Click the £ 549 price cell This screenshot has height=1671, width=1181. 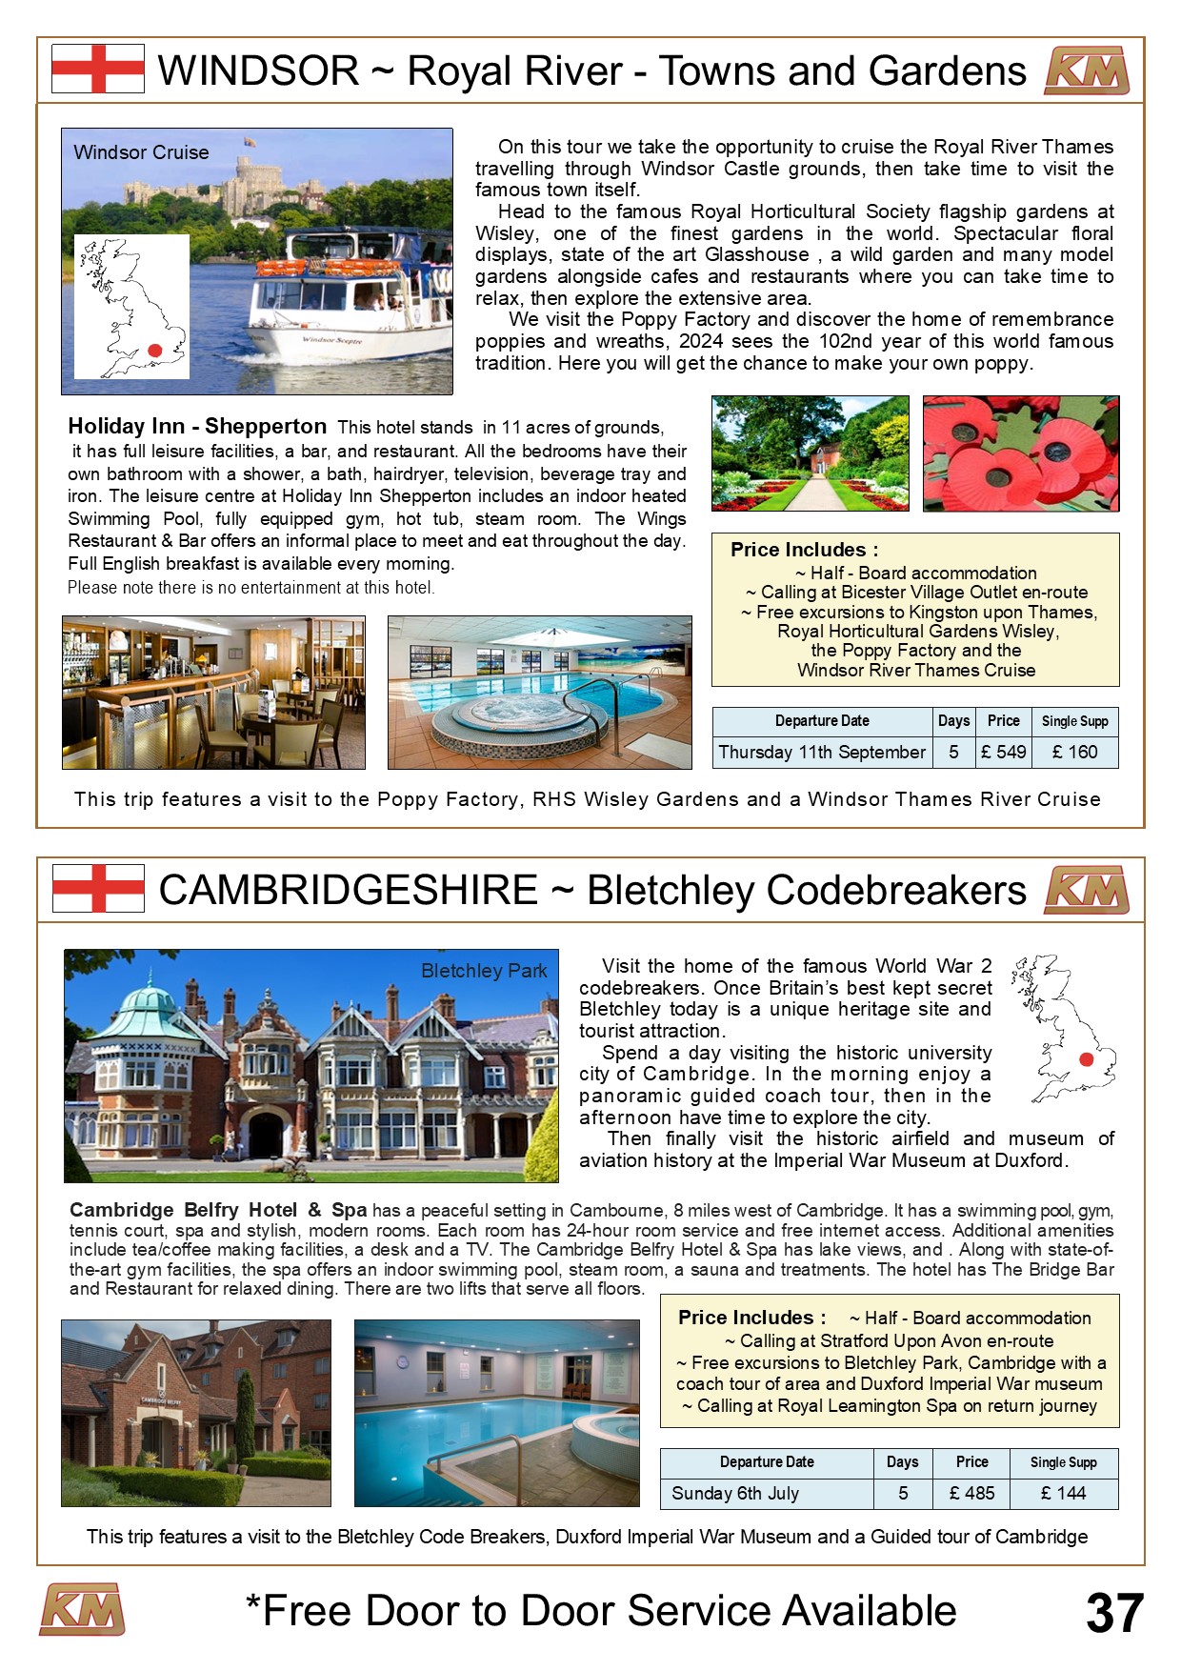1004,752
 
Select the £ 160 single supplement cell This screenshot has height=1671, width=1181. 1074,752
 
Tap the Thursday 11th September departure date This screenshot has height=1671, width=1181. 822,752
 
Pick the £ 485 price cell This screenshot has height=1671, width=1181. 971,1493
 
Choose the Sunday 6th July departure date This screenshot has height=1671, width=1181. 735,1493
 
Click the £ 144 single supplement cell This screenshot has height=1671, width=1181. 1063,1493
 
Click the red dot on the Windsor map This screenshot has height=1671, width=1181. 155,351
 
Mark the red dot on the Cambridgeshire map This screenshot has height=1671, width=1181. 1085,1059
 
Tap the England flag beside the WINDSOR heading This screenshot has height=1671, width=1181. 98,69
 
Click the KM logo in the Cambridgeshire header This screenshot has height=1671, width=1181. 1087,890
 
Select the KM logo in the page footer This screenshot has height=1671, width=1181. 82,1610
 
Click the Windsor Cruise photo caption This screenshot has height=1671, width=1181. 141,152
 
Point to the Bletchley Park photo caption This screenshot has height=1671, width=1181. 484,971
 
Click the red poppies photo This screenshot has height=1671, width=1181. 1021,453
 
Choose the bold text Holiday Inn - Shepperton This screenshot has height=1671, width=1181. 197,426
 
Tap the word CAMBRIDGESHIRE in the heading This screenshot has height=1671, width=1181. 349,890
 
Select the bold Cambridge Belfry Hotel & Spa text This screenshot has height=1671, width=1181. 218,1210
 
